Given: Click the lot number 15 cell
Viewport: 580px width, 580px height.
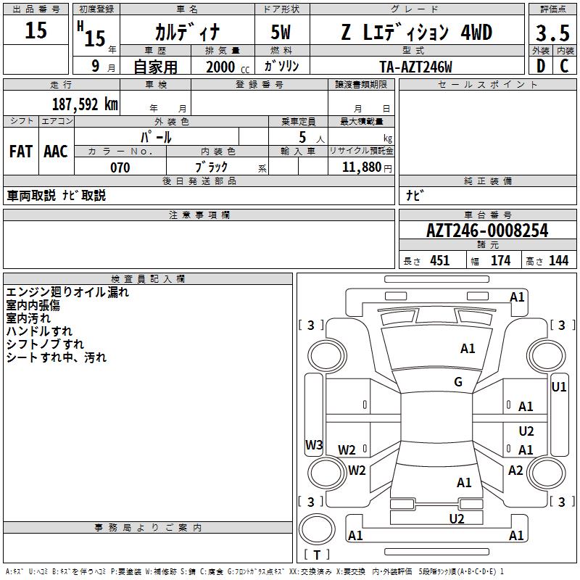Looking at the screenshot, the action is [36, 30].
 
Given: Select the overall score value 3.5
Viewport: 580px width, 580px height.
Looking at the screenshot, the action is [551, 33].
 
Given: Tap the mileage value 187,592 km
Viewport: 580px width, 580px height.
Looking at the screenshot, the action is [85, 104].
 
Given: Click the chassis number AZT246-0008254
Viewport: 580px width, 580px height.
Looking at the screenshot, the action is [487, 231].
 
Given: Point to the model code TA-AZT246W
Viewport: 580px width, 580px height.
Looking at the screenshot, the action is [415, 67].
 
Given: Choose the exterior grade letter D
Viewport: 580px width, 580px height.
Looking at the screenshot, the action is [541, 66].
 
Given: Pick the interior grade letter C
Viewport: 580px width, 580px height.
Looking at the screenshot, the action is [564, 66].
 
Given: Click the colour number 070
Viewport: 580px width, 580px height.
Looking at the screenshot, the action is [120, 167].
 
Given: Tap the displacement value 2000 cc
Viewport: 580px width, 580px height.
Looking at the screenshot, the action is [225, 67].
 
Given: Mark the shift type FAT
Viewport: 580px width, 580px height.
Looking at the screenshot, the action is [21, 151].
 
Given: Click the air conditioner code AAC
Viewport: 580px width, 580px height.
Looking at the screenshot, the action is [56, 151].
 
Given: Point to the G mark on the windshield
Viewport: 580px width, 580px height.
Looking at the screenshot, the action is [458, 382].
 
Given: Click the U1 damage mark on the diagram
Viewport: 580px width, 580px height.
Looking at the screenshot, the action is [559, 387].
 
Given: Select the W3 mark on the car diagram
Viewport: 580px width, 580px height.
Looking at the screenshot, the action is [314, 445].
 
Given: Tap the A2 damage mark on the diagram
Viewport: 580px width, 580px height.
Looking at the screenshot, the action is [515, 471].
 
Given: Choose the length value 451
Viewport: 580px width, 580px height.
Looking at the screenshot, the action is [440, 261].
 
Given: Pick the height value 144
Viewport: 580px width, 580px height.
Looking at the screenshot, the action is [558, 261].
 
